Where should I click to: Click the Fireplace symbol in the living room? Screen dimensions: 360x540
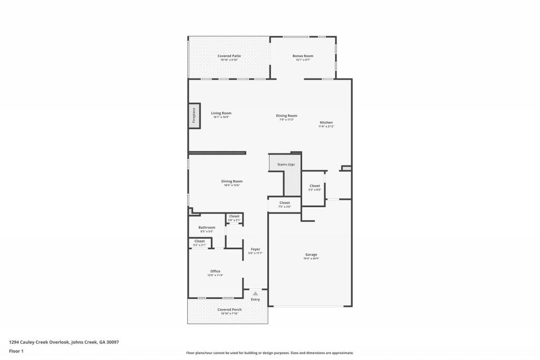[x=194, y=115]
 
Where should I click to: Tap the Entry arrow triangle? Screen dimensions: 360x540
[x=255, y=294]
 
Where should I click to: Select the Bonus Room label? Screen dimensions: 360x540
[x=303, y=56]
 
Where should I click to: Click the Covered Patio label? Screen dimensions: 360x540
[x=229, y=56]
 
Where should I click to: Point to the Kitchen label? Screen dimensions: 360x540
[x=326, y=122]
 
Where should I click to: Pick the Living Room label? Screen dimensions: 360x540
[x=221, y=113]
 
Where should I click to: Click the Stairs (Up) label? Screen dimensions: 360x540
[x=286, y=164]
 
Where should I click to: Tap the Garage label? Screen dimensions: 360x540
[x=311, y=255]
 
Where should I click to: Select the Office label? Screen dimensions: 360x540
[x=215, y=271]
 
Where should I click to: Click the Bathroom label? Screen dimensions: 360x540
[x=207, y=228]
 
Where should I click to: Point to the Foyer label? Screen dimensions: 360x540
[x=255, y=249]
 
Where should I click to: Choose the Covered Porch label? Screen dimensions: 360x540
[x=229, y=309]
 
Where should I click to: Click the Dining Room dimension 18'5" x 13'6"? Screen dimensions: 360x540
[x=232, y=186]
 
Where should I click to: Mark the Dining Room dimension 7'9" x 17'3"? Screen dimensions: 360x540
[x=286, y=120]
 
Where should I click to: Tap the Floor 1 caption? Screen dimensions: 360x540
[x=16, y=351]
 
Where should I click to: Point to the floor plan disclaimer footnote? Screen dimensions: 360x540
[x=269, y=353]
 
